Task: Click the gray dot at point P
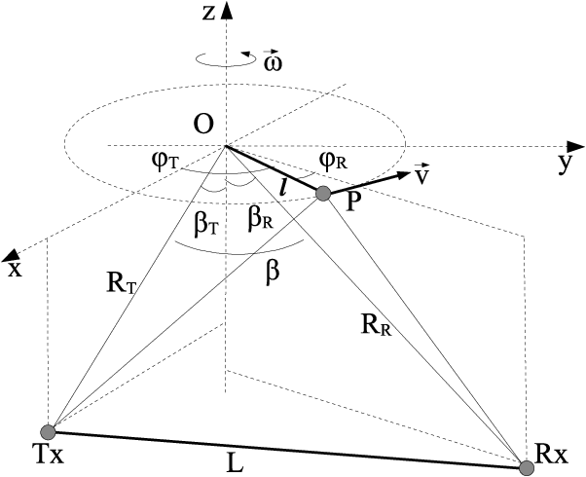pos(323,194)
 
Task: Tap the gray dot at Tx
pos(47,431)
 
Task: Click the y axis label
pos(564,163)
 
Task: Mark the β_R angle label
pos(260,219)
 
